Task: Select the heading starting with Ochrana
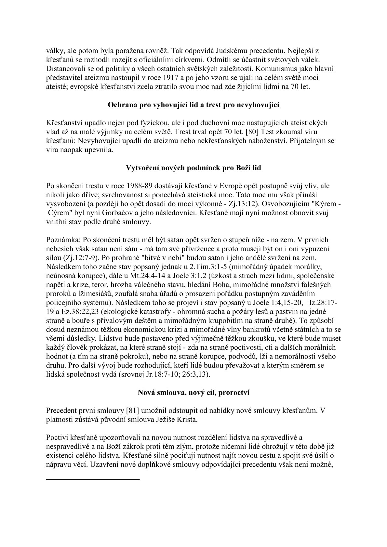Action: (193, 105)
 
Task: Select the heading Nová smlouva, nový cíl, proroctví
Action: (193, 393)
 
